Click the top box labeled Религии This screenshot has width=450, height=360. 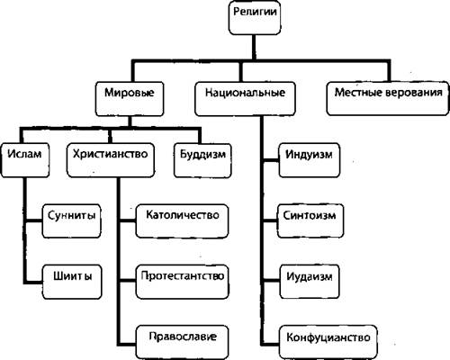255,18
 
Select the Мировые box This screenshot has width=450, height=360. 130,99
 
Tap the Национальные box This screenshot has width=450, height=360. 245,99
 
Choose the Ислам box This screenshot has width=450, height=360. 25,160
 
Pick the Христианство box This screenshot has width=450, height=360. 111,160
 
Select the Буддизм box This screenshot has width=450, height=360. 202,161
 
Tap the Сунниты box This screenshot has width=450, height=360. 71,221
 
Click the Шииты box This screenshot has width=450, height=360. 72,282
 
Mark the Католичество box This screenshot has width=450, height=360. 182,221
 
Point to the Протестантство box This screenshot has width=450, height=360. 182,282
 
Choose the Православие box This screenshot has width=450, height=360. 182,342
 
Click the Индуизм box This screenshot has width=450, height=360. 310,160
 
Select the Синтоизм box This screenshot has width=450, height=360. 310,221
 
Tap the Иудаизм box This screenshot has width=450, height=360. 310,282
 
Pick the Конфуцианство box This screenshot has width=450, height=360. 328,342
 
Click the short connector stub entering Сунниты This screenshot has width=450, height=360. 33,221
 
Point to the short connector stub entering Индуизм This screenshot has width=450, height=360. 271,160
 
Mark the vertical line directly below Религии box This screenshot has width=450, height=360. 255,48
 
